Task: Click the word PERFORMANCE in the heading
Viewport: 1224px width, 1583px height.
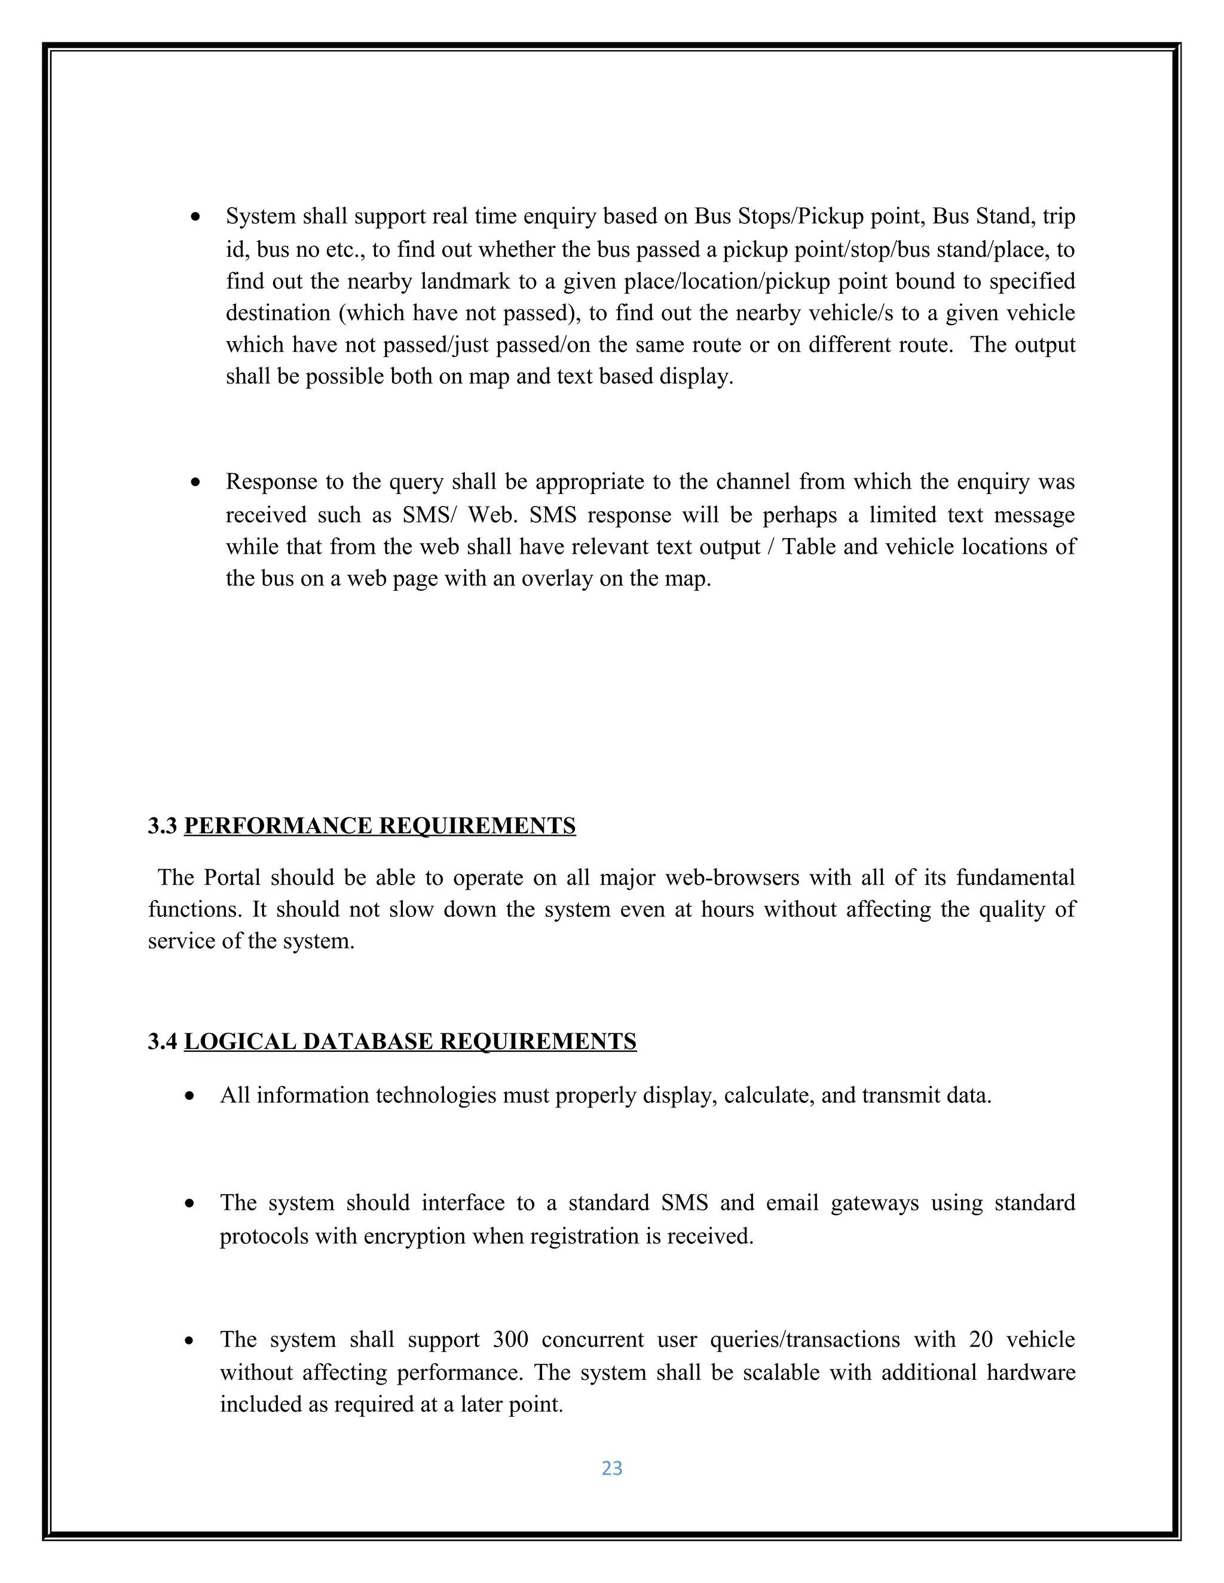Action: coord(279,826)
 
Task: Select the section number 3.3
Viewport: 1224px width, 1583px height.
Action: coord(163,826)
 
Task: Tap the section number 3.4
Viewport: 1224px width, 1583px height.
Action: coord(163,1042)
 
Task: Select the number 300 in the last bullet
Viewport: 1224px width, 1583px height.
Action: coord(510,1339)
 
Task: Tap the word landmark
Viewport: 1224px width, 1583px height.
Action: coord(466,281)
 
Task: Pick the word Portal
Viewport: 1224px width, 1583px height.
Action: coord(231,878)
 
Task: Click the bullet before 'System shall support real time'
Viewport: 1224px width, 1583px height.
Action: coord(195,217)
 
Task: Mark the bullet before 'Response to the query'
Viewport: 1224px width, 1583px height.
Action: coord(195,483)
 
